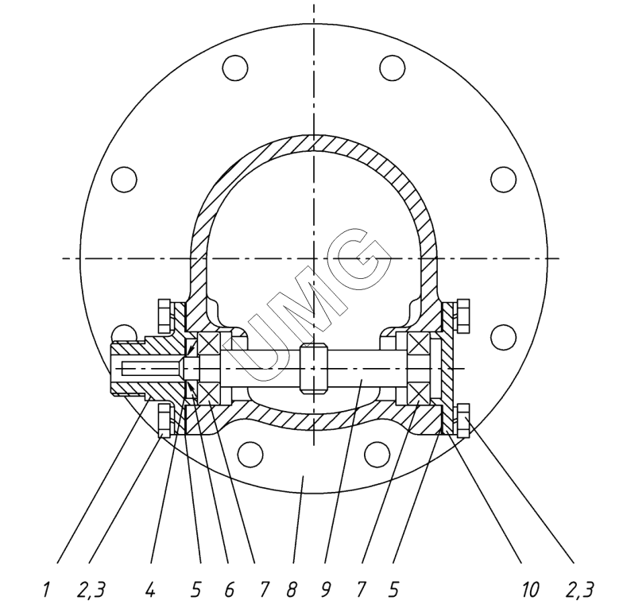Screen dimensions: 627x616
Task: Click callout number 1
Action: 46,590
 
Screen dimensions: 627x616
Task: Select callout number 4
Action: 150,590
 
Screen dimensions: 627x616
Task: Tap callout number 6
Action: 229,590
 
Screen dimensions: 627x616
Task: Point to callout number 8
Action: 292,590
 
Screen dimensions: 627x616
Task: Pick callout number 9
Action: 326,590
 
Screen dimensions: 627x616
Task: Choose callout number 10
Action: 531,590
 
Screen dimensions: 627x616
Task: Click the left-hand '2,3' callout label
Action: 91,591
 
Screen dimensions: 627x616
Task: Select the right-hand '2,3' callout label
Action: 580,591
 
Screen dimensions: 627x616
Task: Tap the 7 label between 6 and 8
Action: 264,590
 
